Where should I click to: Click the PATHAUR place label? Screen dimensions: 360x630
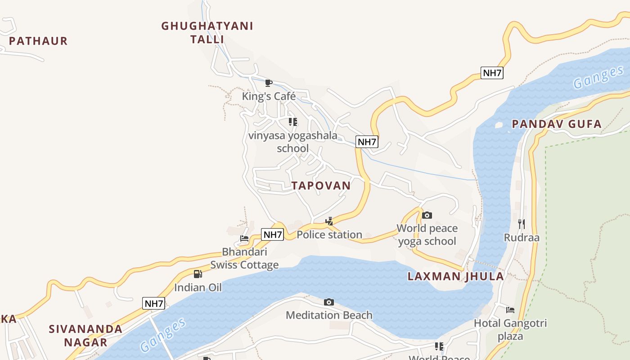[38, 41]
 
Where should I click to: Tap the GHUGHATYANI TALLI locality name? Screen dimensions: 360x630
[207, 32]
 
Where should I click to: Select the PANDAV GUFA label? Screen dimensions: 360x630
[557, 124]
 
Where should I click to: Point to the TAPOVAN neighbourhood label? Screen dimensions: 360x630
[321, 185]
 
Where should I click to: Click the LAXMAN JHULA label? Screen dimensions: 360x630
[455, 276]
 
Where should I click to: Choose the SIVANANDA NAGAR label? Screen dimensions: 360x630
[85, 335]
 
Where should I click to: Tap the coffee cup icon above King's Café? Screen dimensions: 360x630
[269, 83]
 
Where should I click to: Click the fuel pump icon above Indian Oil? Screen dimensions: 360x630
[198, 274]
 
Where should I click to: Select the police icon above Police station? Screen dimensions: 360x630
[329, 221]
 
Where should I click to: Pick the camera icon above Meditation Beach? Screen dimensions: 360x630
[329, 302]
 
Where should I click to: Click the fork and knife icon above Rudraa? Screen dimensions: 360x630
[521, 224]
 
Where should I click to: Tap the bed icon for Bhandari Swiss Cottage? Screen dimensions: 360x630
[244, 238]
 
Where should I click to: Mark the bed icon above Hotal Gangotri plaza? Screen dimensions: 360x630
[510, 310]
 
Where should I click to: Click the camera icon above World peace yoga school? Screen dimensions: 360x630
[427, 215]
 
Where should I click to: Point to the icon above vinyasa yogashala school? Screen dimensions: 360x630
[293, 121]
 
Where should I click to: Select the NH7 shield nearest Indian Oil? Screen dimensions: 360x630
[153, 303]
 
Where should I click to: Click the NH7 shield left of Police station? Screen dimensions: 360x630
[272, 234]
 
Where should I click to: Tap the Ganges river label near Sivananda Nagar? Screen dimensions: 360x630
[163, 335]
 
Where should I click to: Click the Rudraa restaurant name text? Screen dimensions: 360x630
[522, 238]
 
